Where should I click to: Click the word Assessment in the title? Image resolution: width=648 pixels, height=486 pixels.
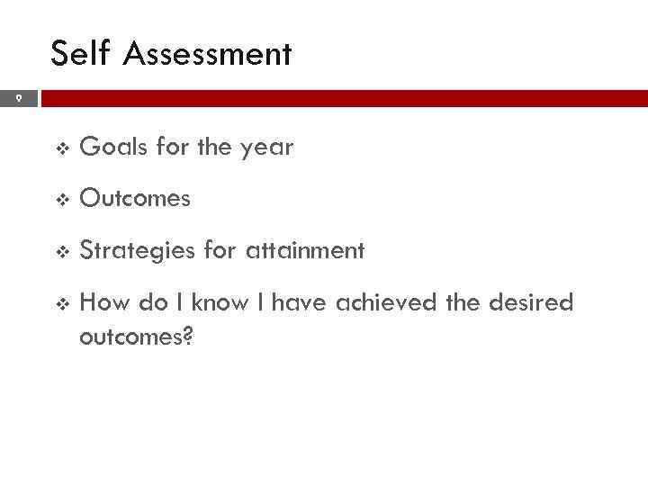208,54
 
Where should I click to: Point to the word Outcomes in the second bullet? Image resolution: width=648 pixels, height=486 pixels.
135,199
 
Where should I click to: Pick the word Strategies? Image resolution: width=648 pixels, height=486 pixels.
138,251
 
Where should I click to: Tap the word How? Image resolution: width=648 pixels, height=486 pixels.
104,302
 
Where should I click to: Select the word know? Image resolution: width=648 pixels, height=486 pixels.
218,302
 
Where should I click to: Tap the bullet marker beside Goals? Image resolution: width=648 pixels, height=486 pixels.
60,148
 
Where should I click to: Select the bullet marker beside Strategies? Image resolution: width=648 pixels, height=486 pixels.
60,251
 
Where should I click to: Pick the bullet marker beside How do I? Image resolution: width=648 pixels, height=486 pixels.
60,303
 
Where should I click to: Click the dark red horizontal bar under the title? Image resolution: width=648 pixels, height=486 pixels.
342,98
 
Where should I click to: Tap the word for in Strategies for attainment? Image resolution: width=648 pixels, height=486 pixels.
219,250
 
